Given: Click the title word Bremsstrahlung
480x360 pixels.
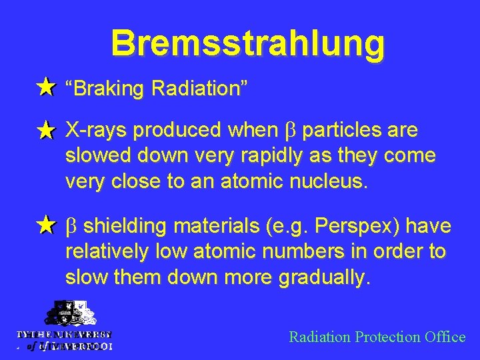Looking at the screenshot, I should click(247, 43).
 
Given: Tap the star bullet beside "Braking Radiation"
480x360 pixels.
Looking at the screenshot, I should click(45, 87).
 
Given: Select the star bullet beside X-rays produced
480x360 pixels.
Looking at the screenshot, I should click(45, 131).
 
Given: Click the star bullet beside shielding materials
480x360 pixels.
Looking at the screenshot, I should click(45, 226).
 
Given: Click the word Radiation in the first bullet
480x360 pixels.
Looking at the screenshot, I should click(199, 88).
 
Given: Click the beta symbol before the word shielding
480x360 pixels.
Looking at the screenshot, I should click(71, 227).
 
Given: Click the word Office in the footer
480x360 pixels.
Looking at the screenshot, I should click(445, 337).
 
